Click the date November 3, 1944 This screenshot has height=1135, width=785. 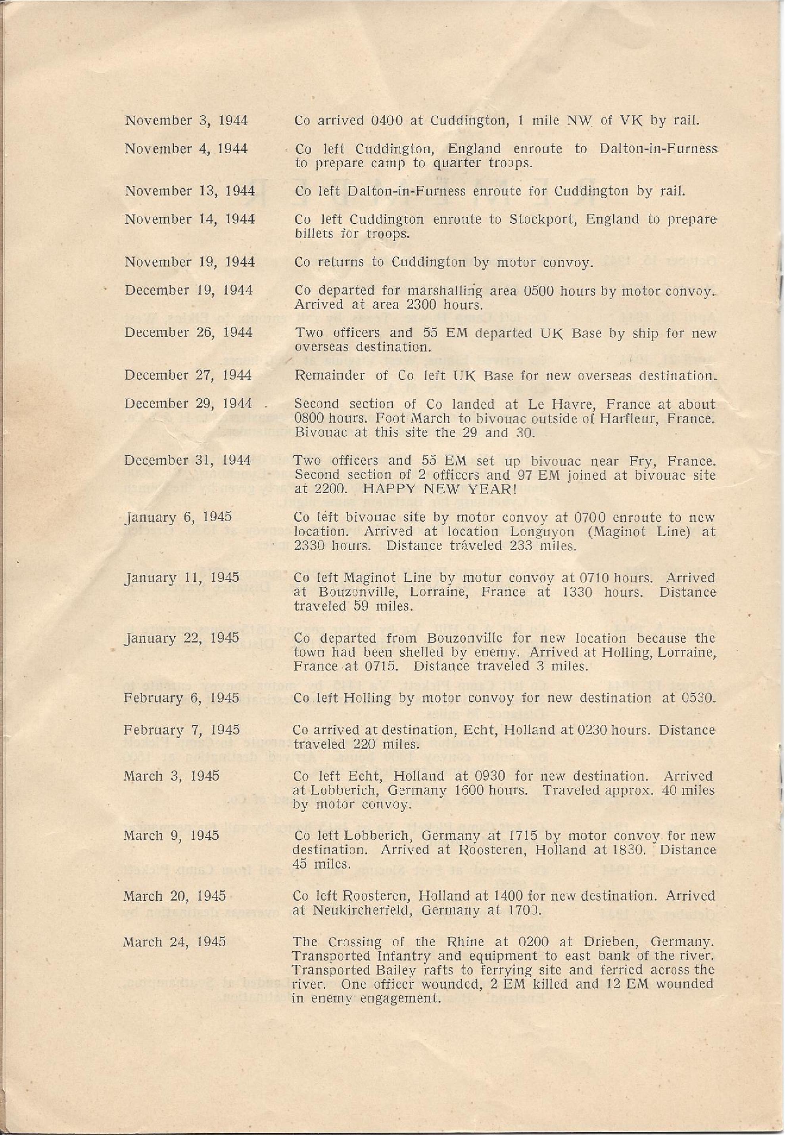[x=186, y=121]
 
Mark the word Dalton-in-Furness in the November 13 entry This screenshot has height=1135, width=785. [x=406, y=191]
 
